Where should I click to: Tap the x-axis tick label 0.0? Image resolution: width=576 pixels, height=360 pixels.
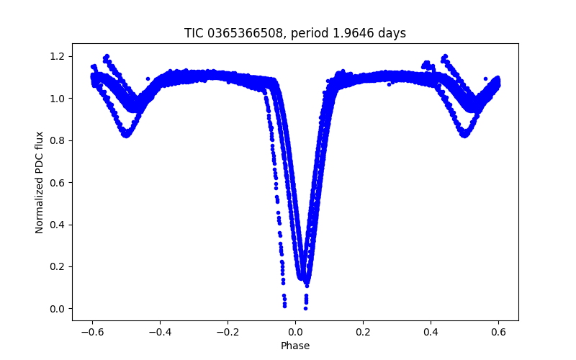tap(295, 333)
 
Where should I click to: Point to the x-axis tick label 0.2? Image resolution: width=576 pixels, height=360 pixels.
tap(363, 333)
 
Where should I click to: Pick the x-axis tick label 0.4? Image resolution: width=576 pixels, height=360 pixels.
tap(431, 333)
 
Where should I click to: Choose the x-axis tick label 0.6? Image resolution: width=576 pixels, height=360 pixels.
tap(498, 333)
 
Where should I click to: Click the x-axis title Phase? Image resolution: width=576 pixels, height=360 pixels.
tap(295, 346)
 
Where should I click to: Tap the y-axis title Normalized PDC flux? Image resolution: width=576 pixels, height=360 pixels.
tap(40, 182)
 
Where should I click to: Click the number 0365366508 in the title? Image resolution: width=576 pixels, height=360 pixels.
tap(241, 33)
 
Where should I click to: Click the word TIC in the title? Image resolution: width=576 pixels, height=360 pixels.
tap(194, 33)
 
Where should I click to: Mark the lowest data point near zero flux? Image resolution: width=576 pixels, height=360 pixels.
tap(305, 308)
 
